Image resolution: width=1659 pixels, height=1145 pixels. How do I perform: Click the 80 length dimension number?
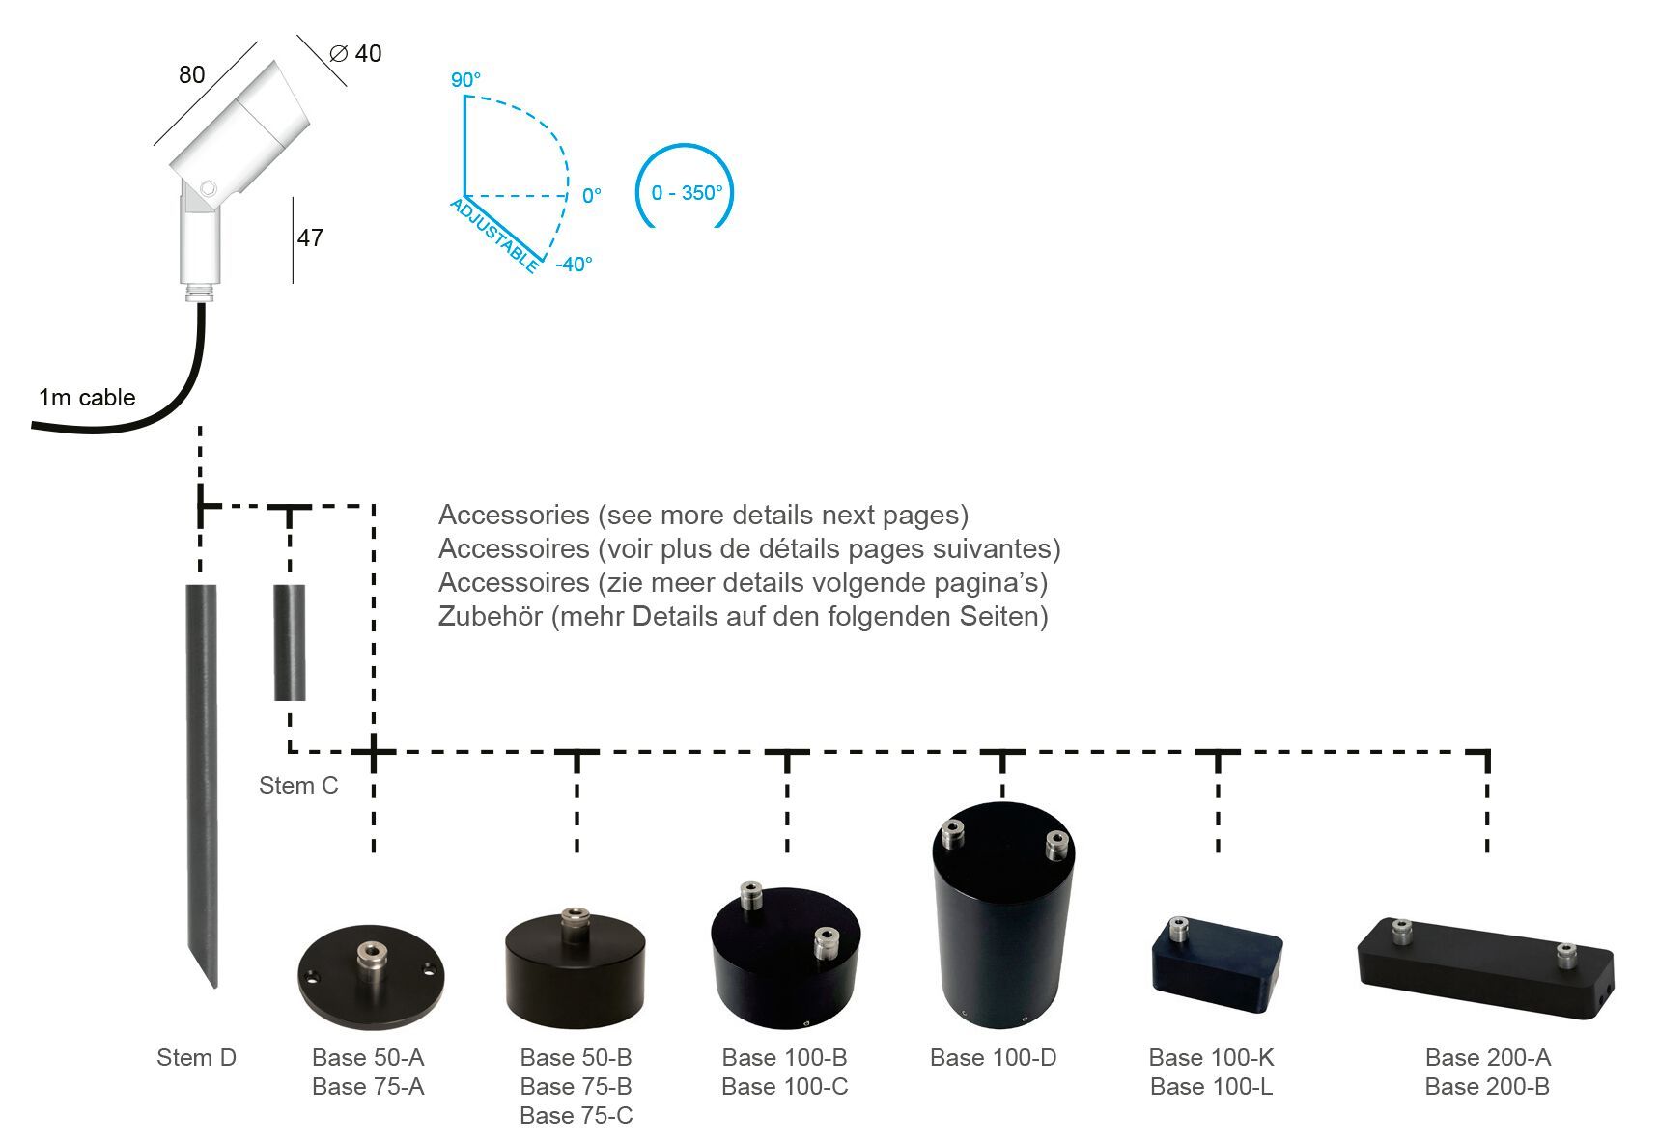(192, 74)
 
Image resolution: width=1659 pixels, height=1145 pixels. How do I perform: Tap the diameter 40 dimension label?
(356, 54)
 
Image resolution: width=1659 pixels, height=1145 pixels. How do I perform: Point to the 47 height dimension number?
(310, 237)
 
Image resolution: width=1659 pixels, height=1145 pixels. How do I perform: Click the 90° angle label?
(465, 80)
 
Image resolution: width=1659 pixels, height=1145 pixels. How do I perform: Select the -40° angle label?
(574, 264)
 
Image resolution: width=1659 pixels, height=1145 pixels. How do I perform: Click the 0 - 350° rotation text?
(687, 193)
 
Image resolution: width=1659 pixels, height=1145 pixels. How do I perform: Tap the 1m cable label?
(87, 398)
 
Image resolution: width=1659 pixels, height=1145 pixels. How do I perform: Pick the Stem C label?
(298, 786)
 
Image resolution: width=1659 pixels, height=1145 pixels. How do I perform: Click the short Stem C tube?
(290, 642)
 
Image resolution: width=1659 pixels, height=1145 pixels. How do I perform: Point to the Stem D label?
(196, 1058)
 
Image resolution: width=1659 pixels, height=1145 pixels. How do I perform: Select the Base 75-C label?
(576, 1116)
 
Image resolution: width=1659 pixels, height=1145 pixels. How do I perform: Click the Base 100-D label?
(993, 1058)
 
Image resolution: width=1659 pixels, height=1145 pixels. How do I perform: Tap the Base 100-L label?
(1211, 1087)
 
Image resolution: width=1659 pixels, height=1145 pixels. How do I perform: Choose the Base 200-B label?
(1487, 1087)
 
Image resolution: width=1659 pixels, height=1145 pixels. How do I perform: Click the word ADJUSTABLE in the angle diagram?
(494, 235)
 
